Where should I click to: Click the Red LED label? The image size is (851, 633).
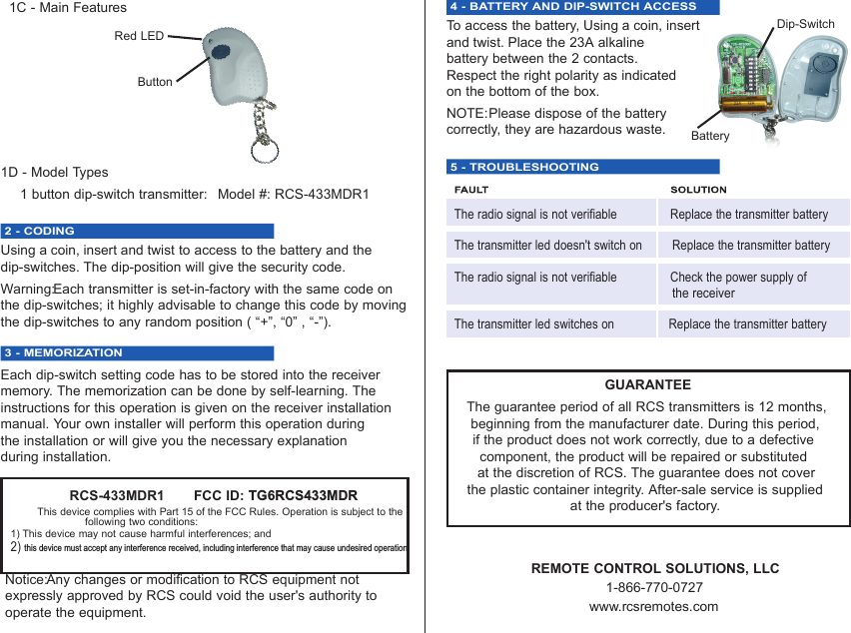click(x=139, y=36)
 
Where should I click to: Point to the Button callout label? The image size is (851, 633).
click(x=155, y=82)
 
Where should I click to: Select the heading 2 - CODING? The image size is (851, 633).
click(x=39, y=231)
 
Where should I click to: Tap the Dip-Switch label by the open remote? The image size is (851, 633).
click(x=805, y=24)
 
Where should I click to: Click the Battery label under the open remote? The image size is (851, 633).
click(x=710, y=136)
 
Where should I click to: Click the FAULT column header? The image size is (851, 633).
click(x=471, y=190)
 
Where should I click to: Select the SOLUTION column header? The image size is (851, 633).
click(x=698, y=190)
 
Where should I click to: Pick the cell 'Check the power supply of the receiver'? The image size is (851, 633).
click(x=738, y=285)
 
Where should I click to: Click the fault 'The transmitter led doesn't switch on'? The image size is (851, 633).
click(x=547, y=245)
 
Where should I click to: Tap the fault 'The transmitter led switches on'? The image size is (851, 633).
click(x=533, y=323)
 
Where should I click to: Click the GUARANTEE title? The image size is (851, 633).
click(x=647, y=384)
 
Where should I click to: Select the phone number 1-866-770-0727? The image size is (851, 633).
click(x=654, y=587)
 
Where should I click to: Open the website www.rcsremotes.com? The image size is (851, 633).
click(x=653, y=606)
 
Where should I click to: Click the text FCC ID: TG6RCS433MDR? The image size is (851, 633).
click(x=275, y=495)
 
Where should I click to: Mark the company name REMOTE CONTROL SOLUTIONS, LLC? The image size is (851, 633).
click(x=654, y=568)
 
